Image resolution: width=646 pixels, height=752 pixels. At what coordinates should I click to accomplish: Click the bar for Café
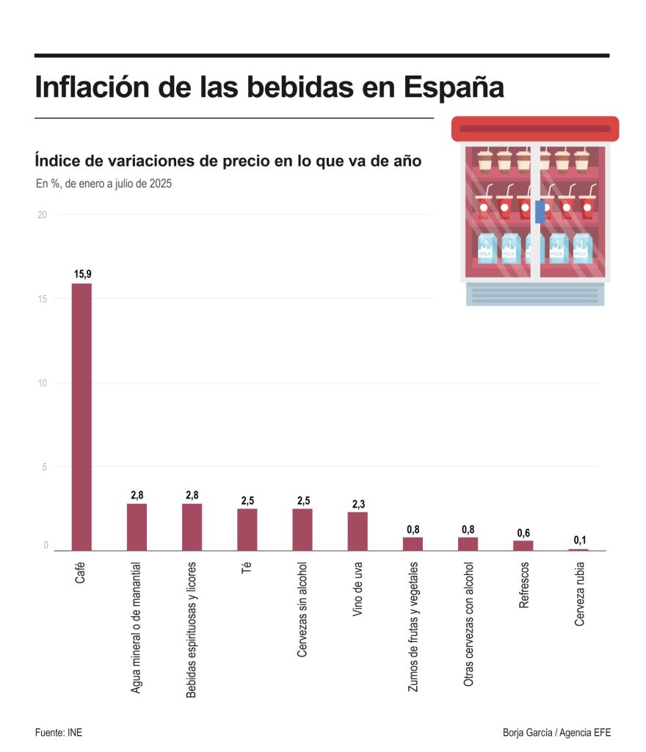tap(81, 416)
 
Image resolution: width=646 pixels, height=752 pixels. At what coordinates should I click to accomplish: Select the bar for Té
tap(247, 529)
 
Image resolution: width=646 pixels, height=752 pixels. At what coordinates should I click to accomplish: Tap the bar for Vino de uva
tap(358, 531)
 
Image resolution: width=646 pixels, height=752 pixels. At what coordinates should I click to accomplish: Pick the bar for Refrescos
tap(523, 545)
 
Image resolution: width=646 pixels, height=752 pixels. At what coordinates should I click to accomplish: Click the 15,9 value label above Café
tap(82, 274)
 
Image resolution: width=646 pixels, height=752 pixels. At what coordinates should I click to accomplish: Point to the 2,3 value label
tap(358, 504)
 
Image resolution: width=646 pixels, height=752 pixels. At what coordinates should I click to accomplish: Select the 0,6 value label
tap(523, 532)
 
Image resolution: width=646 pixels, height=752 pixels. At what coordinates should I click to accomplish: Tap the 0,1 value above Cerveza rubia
tap(579, 540)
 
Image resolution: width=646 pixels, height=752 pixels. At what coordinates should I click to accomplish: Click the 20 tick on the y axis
tap(43, 214)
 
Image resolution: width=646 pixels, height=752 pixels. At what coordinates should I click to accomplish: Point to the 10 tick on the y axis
tap(43, 383)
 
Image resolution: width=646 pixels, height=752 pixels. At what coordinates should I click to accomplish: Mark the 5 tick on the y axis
tap(45, 467)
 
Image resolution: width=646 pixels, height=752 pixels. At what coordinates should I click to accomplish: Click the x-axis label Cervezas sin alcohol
tap(302, 610)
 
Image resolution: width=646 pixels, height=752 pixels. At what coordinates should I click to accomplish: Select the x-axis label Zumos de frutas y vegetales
tap(413, 626)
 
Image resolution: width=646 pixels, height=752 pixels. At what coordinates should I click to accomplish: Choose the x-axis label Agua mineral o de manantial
tap(137, 628)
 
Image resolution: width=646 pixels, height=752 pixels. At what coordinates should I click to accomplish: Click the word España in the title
tap(453, 87)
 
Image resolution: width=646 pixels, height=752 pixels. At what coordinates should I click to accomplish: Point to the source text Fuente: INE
tap(58, 733)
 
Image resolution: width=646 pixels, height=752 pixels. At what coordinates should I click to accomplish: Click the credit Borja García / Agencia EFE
tap(556, 733)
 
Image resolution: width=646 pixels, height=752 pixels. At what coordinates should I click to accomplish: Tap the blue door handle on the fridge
tap(540, 211)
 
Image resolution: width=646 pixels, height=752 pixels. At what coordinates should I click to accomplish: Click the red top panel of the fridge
tap(534, 129)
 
